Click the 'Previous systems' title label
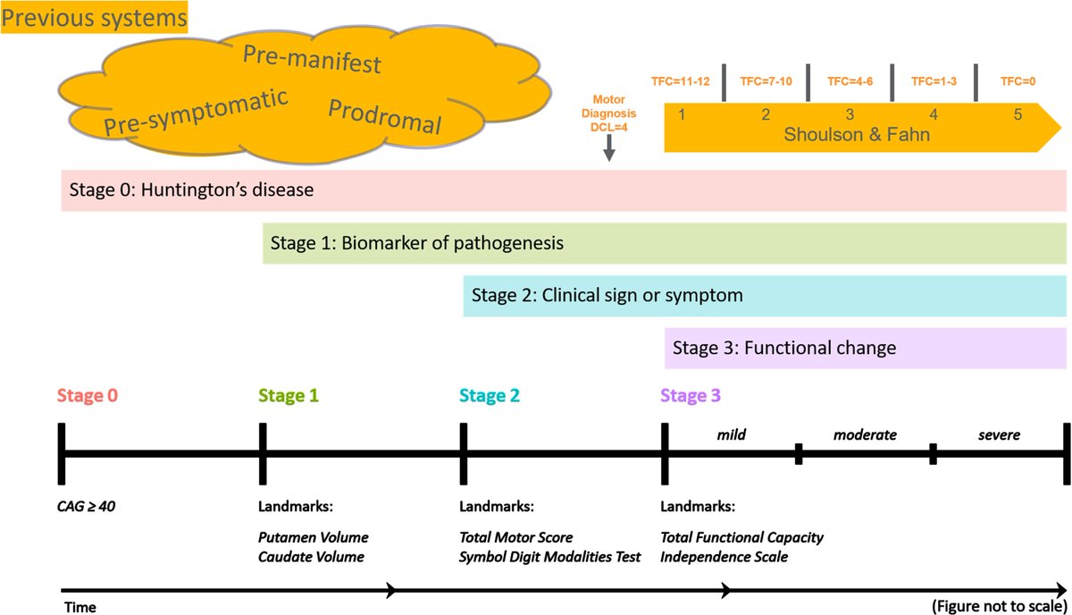(x=95, y=17)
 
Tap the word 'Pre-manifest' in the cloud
(x=312, y=59)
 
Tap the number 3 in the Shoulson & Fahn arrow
(x=849, y=114)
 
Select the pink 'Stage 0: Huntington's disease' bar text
(x=191, y=190)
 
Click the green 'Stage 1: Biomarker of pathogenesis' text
(x=416, y=243)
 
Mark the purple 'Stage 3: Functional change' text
(x=783, y=347)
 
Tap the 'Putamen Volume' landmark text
(x=313, y=538)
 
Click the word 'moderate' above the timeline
(x=864, y=435)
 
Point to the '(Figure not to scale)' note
(x=997, y=605)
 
